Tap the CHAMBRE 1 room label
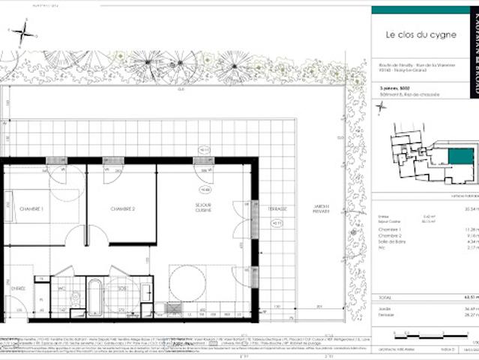(31, 208)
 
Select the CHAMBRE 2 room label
(121, 208)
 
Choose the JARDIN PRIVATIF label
(321, 211)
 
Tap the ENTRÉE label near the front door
(19, 287)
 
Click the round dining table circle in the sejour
(187, 284)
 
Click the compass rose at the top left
(24, 31)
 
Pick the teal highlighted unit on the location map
(460, 157)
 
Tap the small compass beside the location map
(380, 106)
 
